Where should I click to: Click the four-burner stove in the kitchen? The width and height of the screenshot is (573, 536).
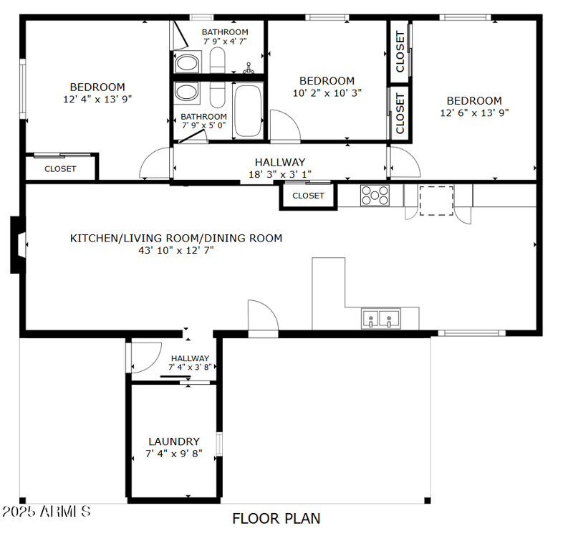point(375,196)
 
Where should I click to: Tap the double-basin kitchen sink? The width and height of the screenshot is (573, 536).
point(380,318)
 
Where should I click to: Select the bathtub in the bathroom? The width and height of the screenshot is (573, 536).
point(249,110)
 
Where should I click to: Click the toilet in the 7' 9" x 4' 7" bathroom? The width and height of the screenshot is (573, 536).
point(188,62)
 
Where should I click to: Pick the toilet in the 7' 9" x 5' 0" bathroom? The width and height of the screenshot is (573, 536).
point(188,93)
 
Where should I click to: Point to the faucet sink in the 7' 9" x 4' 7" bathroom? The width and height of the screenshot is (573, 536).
point(249,69)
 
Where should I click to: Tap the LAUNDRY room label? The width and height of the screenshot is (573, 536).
point(174,441)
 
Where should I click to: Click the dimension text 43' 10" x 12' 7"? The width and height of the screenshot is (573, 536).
point(175,250)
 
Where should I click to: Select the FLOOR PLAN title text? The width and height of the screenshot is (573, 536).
point(276,518)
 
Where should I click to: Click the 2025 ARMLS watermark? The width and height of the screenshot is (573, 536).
point(46,512)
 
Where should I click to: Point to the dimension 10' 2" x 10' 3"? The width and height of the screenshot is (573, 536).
point(327,92)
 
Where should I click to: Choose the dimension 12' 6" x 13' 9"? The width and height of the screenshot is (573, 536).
point(474,113)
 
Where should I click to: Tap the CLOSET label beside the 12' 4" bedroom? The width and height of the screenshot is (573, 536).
point(60,169)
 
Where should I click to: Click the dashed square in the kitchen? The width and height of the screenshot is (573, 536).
point(436,200)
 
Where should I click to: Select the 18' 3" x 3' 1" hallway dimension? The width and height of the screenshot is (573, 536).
point(279,174)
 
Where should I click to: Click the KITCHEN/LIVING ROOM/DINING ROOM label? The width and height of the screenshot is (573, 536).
point(175,238)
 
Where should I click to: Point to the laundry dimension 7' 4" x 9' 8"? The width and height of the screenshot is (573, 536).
point(174,454)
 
